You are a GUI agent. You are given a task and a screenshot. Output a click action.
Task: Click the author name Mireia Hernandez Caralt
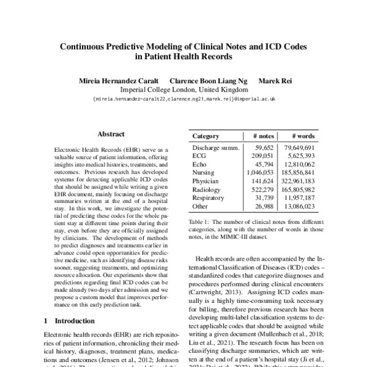[117, 81]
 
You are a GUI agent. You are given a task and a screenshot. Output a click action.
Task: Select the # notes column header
[262, 136]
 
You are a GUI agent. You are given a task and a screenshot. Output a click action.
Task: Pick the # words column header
[303, 136]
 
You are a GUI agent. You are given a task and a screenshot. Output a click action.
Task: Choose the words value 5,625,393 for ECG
[301, 157]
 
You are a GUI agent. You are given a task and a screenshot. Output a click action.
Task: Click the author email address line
[183, 98]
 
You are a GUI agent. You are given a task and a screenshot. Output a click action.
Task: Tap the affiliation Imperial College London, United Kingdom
[183, 89]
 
